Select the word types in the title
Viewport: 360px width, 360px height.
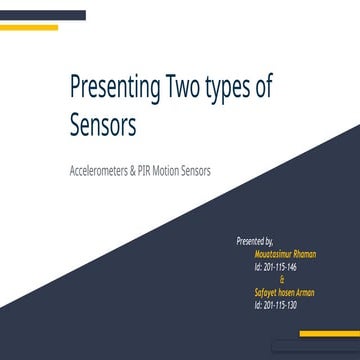point(228,89)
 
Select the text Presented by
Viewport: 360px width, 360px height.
point(255,241)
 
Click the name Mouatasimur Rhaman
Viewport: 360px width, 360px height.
point(285,254)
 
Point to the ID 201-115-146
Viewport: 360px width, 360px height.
point(276,267)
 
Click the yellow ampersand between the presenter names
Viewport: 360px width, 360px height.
point(267,280)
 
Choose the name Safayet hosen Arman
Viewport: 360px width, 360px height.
point(284,292)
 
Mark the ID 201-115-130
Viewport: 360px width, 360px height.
point(276,305)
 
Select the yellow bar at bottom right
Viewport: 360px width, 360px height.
point(329,334)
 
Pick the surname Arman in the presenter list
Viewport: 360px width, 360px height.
point(303,292)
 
